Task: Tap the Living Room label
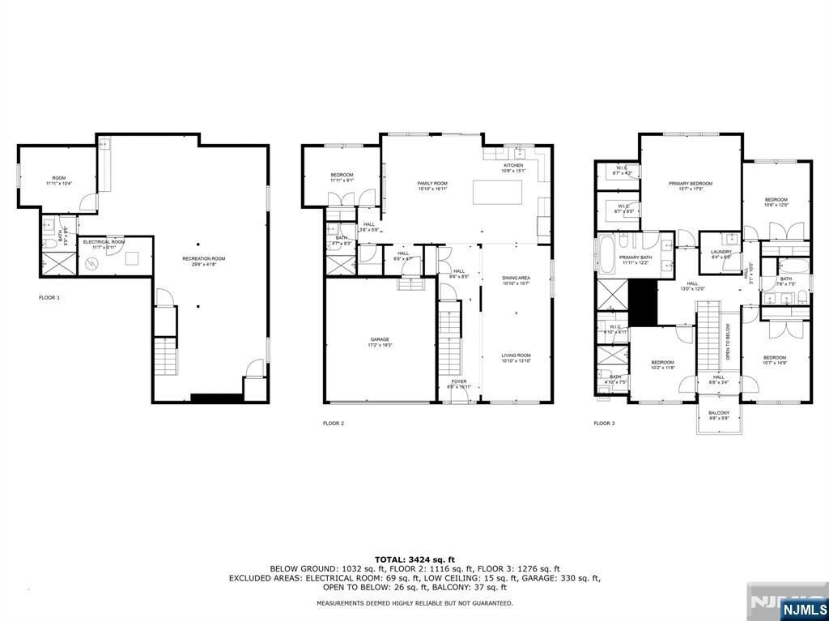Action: click(515, 357)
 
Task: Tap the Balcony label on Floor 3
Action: click(718, 415)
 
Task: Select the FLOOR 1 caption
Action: click(49, 298)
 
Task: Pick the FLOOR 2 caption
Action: click(334, 423)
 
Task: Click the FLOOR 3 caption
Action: click(604, 423)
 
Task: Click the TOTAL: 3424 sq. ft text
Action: click(414, 559)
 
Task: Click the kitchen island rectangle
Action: click(497, 193)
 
